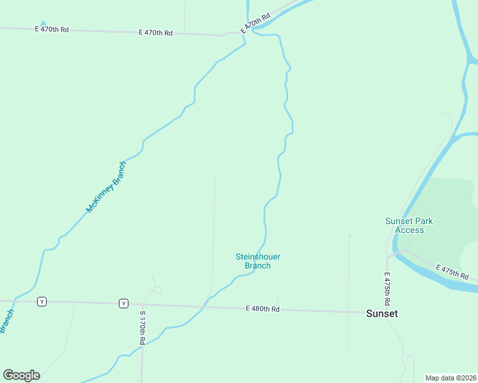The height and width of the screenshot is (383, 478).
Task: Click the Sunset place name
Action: point(382,313)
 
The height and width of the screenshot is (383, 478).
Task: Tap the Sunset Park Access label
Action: point(409,225)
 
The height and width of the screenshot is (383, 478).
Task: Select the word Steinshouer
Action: point(258,257)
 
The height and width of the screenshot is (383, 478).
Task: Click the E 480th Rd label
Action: point(263,309)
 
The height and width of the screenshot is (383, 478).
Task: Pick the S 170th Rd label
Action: point(143,328)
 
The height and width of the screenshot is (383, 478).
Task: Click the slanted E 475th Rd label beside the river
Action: point(452,272)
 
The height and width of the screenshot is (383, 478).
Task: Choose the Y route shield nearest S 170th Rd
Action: point(123,303)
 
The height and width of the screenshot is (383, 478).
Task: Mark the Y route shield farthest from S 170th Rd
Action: point(42,301)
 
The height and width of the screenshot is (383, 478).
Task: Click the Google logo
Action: point(21,375)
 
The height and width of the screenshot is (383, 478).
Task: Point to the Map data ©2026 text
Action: point(451,378)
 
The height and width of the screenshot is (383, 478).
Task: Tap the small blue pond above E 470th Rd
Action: point(43,24)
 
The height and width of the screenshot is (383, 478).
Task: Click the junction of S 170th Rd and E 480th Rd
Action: point(141,304)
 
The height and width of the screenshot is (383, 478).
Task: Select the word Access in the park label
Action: point(410,230)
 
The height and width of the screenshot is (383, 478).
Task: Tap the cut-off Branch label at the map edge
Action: point(7,321)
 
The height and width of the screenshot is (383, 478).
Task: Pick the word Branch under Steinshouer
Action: point(258,266)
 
